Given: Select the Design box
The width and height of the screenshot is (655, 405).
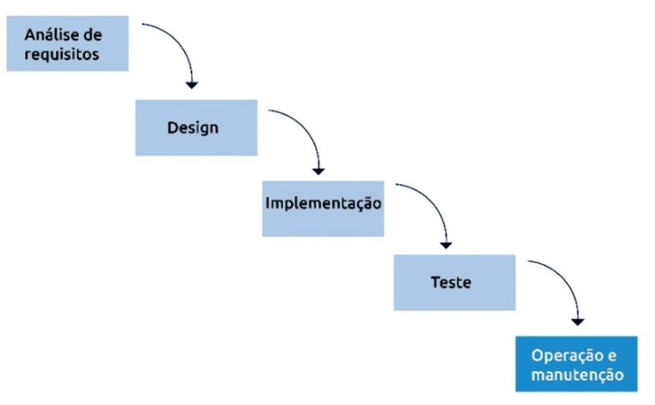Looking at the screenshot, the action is (196, 128).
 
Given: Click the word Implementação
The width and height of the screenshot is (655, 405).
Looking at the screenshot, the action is (323, 204).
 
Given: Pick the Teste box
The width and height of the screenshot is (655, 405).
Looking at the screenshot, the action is (454, 283).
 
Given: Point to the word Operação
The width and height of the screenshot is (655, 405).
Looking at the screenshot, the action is (568, 355).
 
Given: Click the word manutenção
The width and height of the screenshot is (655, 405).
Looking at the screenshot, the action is (578, 374).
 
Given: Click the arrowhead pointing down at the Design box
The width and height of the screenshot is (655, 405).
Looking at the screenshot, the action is (192, 85).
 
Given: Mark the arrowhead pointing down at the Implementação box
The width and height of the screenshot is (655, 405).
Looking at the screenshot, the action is (319, 171).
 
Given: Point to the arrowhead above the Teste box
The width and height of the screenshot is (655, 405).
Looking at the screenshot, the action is (446, 246).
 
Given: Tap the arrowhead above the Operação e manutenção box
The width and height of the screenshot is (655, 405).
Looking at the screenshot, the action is (578, 322).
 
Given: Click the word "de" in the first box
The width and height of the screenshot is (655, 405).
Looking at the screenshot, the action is (93, 35).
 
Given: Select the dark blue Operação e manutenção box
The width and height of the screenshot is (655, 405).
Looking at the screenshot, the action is (577, 364).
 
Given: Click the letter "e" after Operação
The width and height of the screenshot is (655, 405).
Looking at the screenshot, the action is (612, 356).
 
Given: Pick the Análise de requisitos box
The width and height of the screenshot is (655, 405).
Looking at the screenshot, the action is (67, 44).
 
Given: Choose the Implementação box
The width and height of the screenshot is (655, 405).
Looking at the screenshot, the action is (323, 209).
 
